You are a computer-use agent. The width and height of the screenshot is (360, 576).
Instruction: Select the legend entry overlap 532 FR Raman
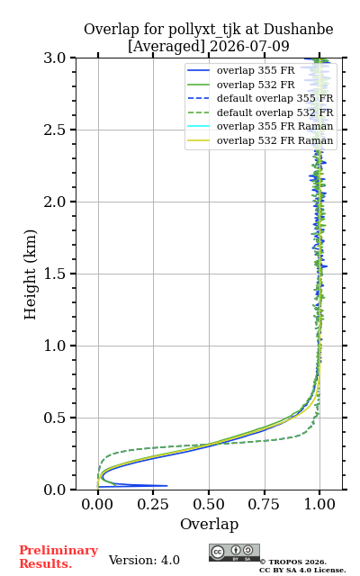[x=260, y=140]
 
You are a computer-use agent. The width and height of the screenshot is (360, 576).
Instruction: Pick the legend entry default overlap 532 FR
[x=260, y=112]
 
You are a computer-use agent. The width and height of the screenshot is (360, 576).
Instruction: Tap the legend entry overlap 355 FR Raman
[x=260, y=127]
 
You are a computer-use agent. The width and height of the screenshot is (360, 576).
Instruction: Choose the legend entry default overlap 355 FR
[x=260, y=99]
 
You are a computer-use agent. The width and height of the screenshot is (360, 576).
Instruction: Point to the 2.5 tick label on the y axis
[x=55, y=130]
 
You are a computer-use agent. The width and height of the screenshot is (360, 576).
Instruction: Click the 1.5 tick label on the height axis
[x=55, y=274]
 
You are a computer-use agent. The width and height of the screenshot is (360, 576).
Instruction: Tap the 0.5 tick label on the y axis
[x=55, y=418]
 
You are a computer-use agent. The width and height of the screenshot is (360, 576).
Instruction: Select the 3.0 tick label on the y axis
[x=55, y=58]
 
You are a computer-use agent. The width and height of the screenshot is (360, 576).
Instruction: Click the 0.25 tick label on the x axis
[x=153, y=504]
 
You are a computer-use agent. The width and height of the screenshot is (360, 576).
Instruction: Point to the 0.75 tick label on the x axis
[x=264, y=504]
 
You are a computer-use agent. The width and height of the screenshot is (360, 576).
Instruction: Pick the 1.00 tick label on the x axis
[x=319, y=504]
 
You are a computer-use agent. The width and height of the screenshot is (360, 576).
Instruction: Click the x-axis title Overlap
[x=209, y=524]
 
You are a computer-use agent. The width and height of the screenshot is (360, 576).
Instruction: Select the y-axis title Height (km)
[x=30, y=274]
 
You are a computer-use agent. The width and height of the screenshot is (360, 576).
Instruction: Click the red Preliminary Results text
[x=58, y=557]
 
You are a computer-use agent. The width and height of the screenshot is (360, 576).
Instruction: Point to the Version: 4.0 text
[x=144, y=561]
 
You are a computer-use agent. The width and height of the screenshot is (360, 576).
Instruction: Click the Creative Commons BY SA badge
[x=234, y=553]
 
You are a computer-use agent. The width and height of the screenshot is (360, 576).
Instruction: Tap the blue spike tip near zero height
[x=167, y=486]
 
